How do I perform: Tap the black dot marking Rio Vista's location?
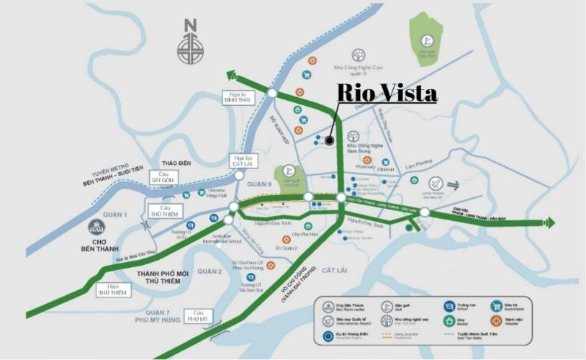click(x=328, y=141)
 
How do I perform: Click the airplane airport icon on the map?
click(x=434, y=183)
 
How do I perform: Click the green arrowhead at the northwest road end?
click(x=232, y=75)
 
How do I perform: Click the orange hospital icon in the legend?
click(x=495, y=320)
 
